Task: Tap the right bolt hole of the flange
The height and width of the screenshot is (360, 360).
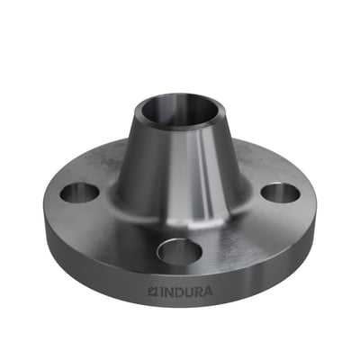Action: pyautogui.click(x=280, y=193)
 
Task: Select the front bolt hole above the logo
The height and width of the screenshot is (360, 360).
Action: pyautogui.click(x=179, y=250)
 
